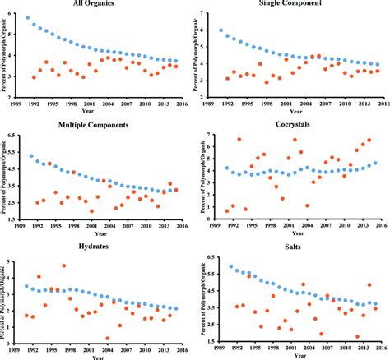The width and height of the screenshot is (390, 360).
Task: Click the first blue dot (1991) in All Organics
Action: [x=27, y=17]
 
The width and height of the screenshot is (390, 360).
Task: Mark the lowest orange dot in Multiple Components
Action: [x=92, y=211]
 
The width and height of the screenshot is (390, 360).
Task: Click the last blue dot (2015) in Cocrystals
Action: [x=376, y=163]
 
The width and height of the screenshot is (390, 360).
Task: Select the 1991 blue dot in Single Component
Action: [x=221, y=30]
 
